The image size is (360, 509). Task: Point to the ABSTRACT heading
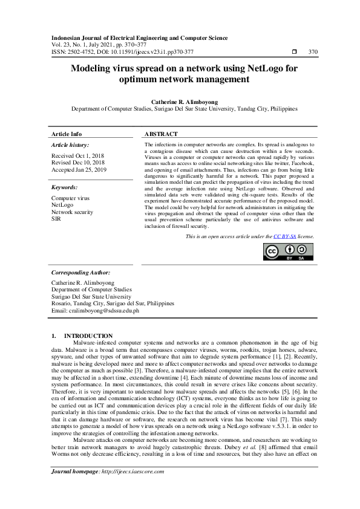(x=162, y=134)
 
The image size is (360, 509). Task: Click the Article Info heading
(x=67, y=134)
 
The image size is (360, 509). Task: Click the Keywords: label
(x=65, y=187)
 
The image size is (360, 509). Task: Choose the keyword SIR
(x=56, y=218)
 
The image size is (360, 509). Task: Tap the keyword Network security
(x=72, y=212)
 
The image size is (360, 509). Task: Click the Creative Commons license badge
(x=289, y=251)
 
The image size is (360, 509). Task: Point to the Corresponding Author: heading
(x=81, y=273)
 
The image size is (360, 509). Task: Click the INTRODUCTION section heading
(x=88, y=336)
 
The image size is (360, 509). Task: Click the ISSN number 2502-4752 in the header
(x=80, y=51)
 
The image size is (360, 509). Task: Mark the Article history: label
(x=70, y=145)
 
